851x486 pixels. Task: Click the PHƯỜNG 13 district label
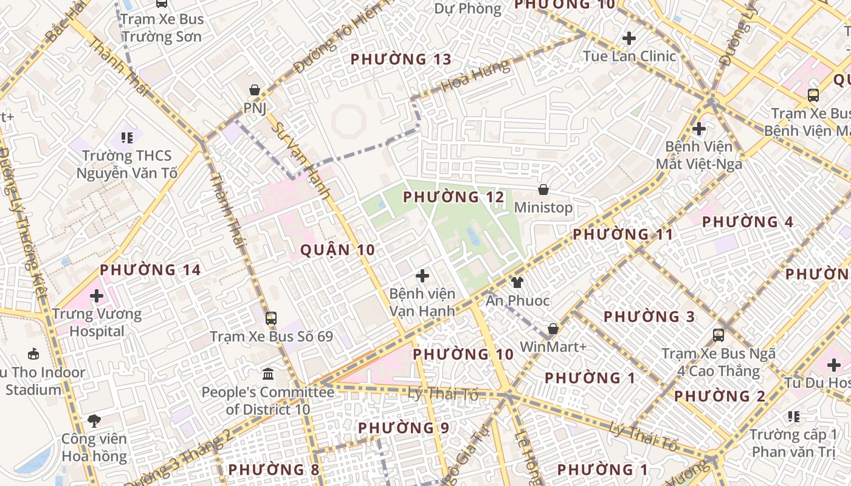point(401,60)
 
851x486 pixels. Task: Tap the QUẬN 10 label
point(337,250)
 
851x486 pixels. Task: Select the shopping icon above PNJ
point(255,90)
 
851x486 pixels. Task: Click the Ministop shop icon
point(543,190)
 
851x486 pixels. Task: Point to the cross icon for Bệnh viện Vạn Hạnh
point(422,276)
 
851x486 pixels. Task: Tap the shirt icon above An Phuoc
point(517,282)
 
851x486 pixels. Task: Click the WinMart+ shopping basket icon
point(553,329)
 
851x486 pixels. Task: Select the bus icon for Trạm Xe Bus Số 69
point(271,318)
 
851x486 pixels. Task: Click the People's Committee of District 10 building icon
point(268,374)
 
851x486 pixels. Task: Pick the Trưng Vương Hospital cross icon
point(97,296)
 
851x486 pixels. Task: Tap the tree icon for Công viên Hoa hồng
point(94,420)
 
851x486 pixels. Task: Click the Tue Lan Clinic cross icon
point(629,39)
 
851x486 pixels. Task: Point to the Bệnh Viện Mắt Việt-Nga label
point(699,156)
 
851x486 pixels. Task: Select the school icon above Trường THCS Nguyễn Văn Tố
point(127,138)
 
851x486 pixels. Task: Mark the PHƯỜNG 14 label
point(150,270)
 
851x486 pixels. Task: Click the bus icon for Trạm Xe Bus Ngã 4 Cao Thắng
point(718,335)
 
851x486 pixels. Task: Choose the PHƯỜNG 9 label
point(404,428)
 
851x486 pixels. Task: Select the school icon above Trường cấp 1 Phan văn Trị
point(793,417)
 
